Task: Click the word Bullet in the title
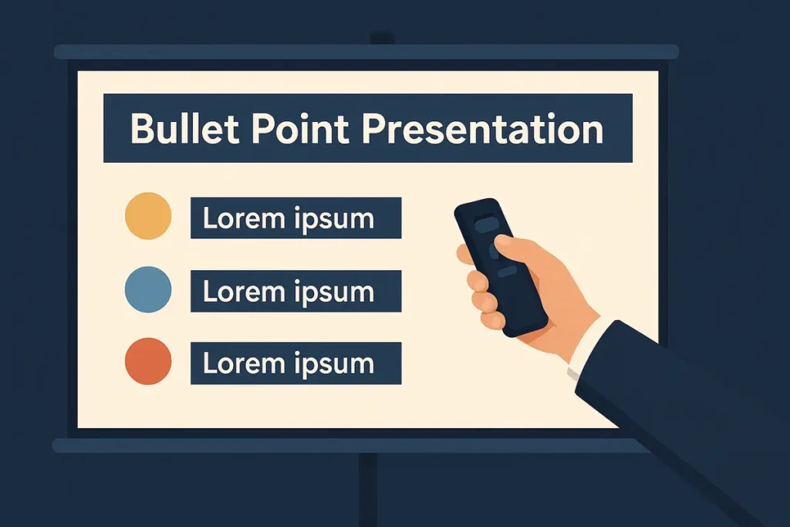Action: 184,128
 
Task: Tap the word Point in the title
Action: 300,128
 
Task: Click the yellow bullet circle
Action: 148,215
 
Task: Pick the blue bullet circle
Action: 148,289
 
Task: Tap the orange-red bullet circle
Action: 148,361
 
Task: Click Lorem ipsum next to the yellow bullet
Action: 289,219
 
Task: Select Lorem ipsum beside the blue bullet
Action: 289,292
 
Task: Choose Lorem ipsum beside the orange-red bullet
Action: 289,363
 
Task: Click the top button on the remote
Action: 487,225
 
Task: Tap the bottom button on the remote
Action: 508,272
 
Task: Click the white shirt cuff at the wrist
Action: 585,348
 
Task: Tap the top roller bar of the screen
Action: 366,52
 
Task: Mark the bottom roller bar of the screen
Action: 348,445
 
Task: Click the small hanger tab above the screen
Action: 383,39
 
